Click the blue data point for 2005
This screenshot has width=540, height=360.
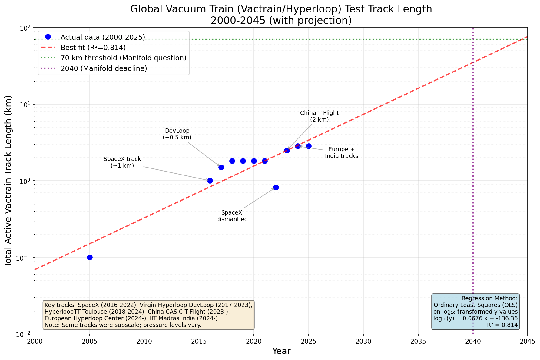coord(90,257)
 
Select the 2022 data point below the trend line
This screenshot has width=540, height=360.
coord(276,187)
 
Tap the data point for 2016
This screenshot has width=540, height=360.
coord(210,181)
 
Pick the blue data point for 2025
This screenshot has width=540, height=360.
coord(309,146)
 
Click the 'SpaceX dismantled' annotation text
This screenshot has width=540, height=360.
coord(232,216)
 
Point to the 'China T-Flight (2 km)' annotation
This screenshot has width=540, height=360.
coord(320,116)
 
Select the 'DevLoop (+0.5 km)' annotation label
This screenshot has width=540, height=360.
coord(177,134)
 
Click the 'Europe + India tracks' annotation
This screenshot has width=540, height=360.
coord(341,153)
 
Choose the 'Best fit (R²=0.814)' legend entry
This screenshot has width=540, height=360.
coord(93,48)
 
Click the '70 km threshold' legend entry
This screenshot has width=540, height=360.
coord(123,58)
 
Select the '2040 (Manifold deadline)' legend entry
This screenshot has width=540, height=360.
coord(104,68)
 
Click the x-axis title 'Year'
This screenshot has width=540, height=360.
coord(281,351)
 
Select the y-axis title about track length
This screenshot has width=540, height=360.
coord(8,181)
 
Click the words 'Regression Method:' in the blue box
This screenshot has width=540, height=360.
coord(489,298)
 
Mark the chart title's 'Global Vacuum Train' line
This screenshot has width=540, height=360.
coord(281,9)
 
